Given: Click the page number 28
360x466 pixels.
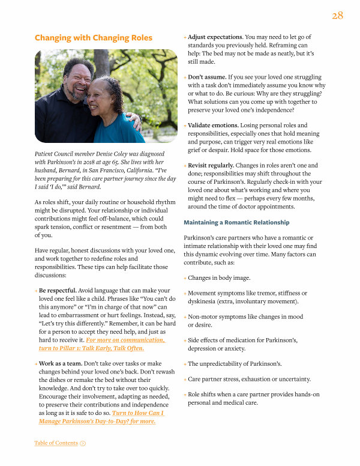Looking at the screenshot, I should [x=337, y=16].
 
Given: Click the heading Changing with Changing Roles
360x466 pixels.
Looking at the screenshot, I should [x=93, y=38].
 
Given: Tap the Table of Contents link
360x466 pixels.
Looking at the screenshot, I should [x=56, y=443].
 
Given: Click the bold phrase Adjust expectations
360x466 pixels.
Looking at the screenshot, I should [x=215, y=37].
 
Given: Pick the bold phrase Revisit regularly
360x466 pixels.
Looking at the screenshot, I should [x=211, y=165].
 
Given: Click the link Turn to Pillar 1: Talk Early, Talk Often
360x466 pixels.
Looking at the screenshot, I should [x=92, y=348].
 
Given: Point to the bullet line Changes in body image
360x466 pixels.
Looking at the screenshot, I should [x=219, y=278].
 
